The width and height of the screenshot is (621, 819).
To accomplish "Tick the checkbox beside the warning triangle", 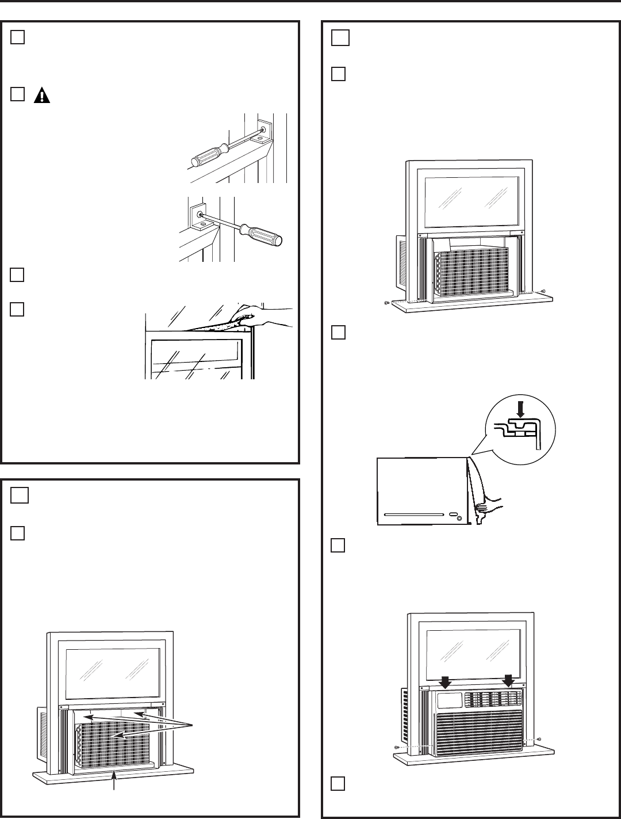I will click(x=18, y=94).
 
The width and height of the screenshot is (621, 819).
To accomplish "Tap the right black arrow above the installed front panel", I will click(x=508, y=681).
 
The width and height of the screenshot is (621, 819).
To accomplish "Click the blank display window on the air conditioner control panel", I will click(x=449, y=700).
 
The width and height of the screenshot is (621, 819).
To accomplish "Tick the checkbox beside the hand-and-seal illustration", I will click(x=18, y=309).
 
